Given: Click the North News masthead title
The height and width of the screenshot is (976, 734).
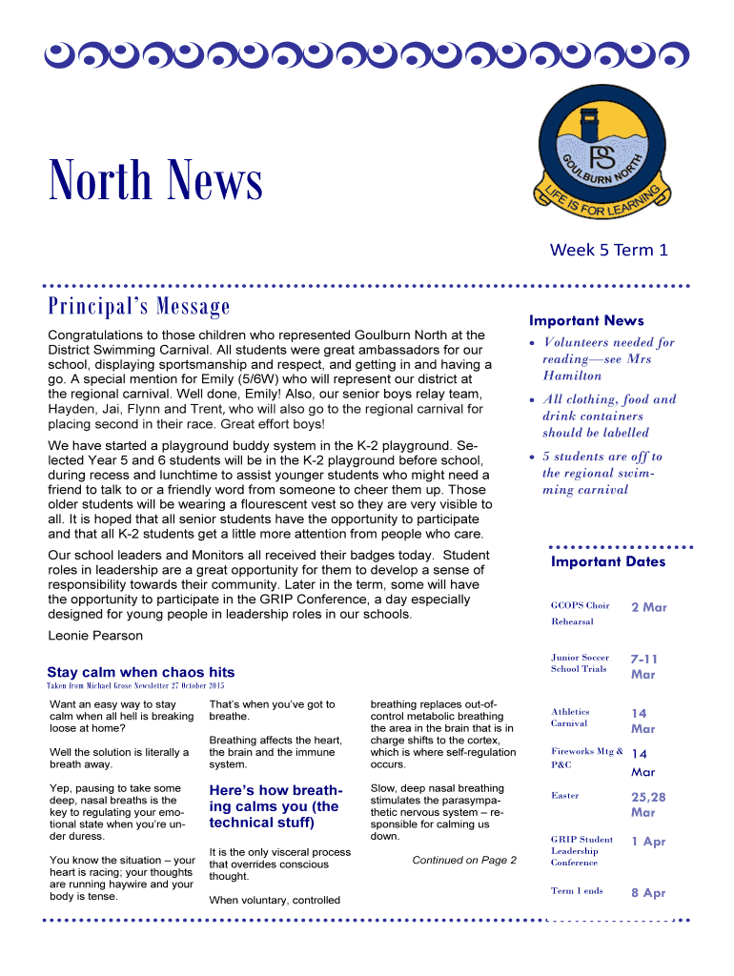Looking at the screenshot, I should point(155,181).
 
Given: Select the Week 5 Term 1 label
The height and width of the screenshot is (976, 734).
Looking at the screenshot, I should point(608,250).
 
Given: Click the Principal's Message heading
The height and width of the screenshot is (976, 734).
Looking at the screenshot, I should point(139,307).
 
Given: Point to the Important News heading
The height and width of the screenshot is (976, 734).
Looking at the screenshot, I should point(586,321).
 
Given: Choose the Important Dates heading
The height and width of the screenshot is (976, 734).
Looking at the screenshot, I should point(608,561).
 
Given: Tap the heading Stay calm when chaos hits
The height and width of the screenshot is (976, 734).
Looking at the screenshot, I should point(140,672).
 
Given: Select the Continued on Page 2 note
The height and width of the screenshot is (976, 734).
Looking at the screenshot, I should point(464,860).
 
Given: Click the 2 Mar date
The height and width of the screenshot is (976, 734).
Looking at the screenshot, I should point(648,607).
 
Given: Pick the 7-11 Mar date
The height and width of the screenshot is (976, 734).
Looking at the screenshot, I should point(644,666).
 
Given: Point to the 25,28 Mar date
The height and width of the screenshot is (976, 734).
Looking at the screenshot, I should point(648,804).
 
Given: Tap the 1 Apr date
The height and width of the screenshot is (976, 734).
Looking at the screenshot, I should point(648,842).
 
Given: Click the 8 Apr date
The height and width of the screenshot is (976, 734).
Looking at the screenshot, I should point(648,893).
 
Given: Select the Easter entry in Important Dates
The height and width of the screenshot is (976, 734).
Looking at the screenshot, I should point(564,795).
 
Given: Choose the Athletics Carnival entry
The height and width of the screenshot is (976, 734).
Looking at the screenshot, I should point(570,717).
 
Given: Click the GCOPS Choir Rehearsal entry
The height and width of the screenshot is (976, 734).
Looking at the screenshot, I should point(580,613).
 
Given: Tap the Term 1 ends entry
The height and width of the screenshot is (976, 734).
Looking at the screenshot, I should point(577,891).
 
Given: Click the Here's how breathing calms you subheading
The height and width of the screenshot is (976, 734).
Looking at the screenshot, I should point(275,806).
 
